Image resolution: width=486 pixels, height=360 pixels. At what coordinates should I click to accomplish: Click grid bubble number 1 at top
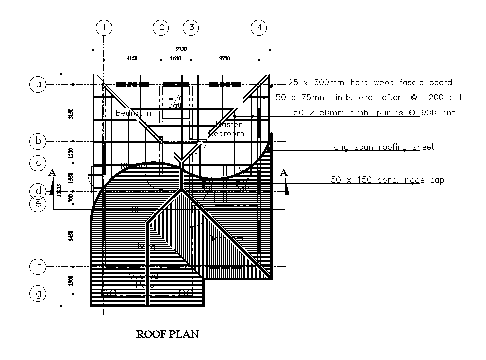(x=104, y=27)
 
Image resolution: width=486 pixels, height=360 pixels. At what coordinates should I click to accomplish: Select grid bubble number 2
(x=161, y=27)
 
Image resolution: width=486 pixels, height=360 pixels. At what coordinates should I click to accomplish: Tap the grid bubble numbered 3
(x=191, y=27)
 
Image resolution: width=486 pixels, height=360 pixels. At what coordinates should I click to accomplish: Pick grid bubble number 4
(x=260, y=27)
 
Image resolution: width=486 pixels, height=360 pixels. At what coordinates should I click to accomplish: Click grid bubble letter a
(x=38, y=84)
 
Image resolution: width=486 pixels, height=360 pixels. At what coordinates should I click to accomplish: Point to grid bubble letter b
(x=38, y=141)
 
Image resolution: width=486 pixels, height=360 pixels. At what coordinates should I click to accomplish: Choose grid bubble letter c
(x=38, y=163)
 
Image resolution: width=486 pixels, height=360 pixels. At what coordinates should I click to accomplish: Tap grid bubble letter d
(x=38, y=191)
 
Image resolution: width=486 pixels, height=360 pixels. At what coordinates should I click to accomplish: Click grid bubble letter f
(x=38, y=266)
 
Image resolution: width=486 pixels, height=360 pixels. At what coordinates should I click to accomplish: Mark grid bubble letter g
(x=38, y=293)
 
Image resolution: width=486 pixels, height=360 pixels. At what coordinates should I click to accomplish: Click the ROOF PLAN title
(x=168, y=334)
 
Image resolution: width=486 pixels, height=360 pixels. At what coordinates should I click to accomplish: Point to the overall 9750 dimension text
(x=181, y=48)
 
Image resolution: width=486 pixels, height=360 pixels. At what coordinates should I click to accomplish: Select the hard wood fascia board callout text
(x=369, y=82)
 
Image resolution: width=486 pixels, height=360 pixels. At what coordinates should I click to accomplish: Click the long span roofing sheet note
(x=383, y=147)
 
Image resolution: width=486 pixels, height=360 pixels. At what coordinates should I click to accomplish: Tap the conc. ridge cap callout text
(x=387, y=179)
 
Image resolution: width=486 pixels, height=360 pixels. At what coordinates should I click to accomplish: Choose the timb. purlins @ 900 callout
(x=374, y=113)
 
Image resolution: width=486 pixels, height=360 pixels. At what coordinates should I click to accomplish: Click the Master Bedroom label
(x=227, y=129)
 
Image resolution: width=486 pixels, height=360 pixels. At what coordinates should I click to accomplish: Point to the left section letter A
(x=52, y=173)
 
